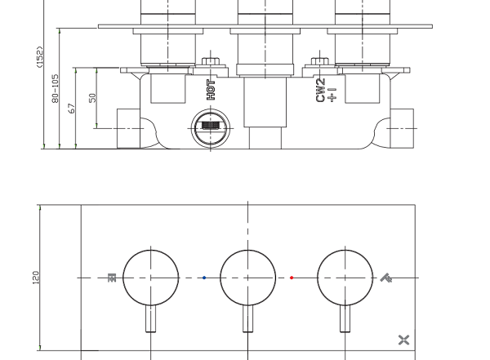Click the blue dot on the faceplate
point(204,278)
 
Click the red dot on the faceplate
point(292,278)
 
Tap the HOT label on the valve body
point(211,90)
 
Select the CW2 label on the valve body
point(321,91)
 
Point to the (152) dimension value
point(40,56)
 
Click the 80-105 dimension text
point(55,88)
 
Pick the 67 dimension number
point(72,108)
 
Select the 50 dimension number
point(92,98)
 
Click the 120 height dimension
point(36,278)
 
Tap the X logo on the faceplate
point(403,340)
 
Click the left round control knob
point(151,278)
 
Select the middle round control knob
point(248,278)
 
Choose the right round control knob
point(345,278)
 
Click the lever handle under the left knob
point(151,318)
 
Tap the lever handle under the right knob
point(345,318)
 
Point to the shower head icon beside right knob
point(386,278)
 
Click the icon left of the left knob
point(112,278)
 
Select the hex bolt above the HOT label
point(211,61)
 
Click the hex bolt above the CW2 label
point(319,61)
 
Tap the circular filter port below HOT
point(211,128)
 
